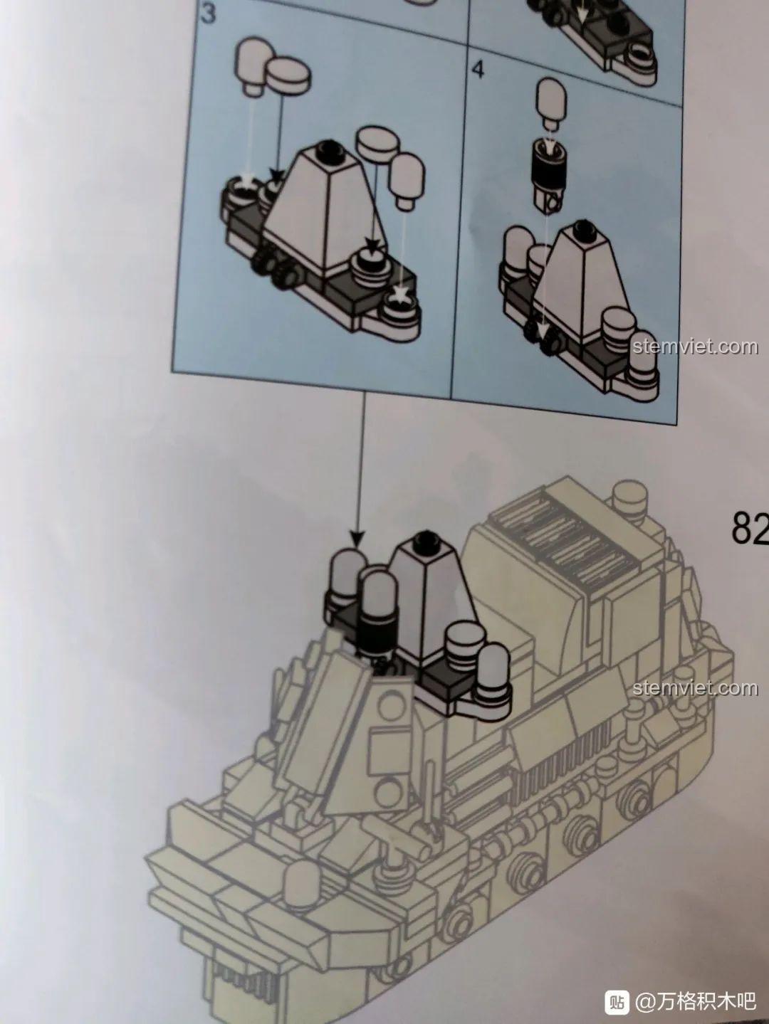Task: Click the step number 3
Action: coord(209,14)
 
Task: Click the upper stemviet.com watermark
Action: coord(696,347)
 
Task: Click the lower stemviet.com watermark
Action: coord(696,687)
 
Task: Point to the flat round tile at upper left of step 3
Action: coord(288,75)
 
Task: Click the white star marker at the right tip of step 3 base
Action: coord(399,295)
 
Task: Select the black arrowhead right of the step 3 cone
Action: coord(372,245)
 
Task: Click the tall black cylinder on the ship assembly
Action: coord(376,632)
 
